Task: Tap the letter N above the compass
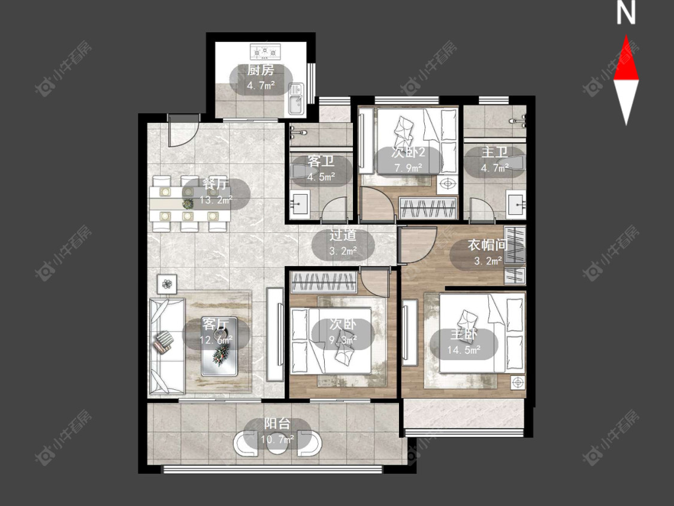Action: coord(626,13)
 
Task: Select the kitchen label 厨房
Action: coord(260,70)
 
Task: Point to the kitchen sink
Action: coord(296,99)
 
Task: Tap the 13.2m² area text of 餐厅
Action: coord(216,200)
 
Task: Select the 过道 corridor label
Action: coord(343,235)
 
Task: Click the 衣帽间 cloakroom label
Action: coord(488,245)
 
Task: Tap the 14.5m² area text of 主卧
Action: coord(463,350)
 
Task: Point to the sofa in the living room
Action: coord(167,346)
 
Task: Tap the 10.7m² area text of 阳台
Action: coord(277,439)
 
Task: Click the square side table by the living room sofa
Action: coord(167,284)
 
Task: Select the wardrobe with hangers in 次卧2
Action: coord(428,207)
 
